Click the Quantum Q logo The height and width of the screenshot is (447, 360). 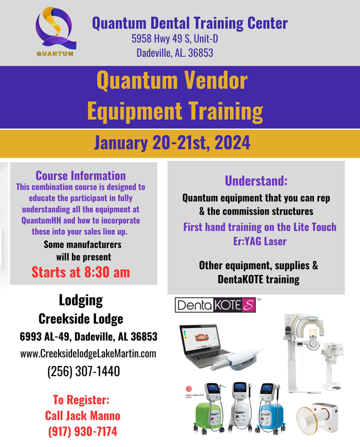coord(56,31)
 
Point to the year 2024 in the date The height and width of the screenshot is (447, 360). coord(232,142)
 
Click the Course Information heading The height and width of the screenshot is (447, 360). coord(80,175)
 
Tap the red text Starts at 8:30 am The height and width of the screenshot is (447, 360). coord(80,272)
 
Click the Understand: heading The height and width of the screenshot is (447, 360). coord(256,180)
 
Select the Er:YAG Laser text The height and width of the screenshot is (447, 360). coord(260,241)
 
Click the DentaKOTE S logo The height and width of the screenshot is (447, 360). coord(215,305)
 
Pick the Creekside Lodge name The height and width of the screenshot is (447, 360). coord(81,319)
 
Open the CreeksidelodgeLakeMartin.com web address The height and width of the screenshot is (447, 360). coord(88,354)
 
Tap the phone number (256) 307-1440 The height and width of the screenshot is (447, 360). coord(84,371)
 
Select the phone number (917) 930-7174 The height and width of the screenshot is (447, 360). coord(83,431)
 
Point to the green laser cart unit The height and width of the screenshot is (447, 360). coord(209,408)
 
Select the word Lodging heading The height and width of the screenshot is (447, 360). coord(81,301)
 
